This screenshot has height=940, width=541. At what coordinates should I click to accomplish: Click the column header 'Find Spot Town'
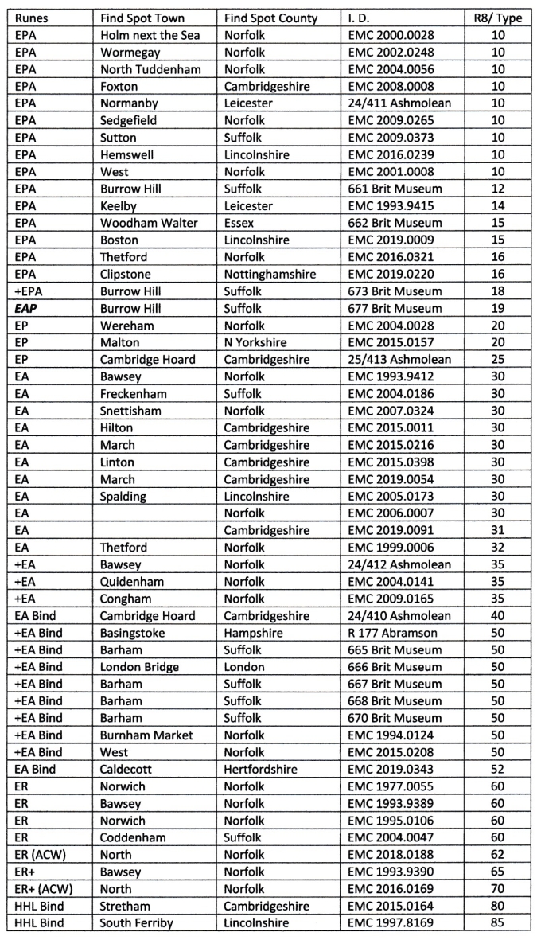pyautogui.click(x=142, y=18)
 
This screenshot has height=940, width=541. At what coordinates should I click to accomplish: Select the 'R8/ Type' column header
pyautogui.click(x=498, y=18)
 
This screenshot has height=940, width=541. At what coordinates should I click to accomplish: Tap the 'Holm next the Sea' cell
pyautogui.click(x=150, y=35)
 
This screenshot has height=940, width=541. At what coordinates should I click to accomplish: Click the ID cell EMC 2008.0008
pyautogui.click(x=391, y=86)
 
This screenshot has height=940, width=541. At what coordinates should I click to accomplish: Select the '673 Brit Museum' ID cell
pyautogui.click(x=395, y=291)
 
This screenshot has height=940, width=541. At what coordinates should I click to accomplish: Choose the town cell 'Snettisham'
pyautogui.click(x=130, y=411)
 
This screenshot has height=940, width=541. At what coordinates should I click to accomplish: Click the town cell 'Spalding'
pyautogui.click(x=123, y=496)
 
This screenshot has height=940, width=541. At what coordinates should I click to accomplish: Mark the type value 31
pyautogui.click(x=498, y=530)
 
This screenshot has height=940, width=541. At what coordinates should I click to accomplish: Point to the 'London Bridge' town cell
pyautogui.click(x=139, y=667)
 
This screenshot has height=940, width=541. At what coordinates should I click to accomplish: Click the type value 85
pyautogui.click(x=498, y=923)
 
